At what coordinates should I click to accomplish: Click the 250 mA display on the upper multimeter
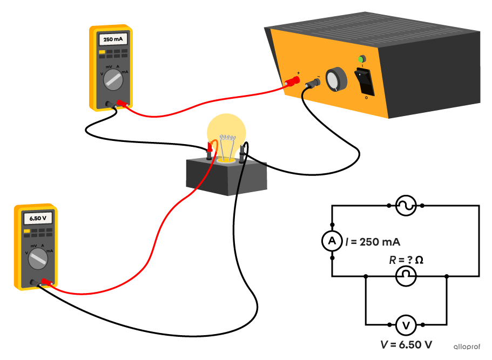112,40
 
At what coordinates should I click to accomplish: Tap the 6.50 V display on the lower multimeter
36,219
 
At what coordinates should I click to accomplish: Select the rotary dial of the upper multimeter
113,80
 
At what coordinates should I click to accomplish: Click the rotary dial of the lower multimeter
37,259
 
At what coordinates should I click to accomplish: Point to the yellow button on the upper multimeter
102,52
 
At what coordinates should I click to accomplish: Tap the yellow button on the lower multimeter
26,231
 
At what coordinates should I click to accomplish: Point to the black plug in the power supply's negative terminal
312,85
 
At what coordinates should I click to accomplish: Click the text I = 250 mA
372,242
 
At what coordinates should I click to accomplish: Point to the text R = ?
401,260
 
